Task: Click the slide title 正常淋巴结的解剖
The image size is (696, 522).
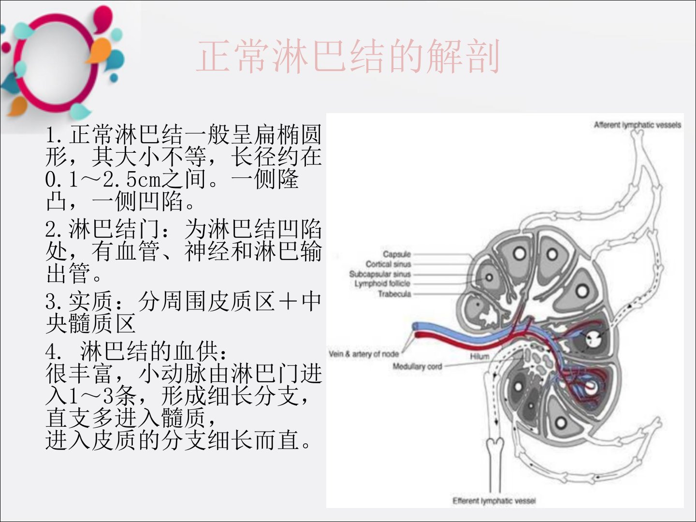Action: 348,57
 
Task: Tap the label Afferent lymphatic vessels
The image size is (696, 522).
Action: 637,125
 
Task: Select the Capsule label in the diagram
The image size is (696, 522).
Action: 397,254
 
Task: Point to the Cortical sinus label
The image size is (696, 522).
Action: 388,264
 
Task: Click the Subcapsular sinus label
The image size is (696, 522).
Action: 380,274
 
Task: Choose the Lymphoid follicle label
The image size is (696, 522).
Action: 382,284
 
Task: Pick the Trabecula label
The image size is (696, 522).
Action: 394,294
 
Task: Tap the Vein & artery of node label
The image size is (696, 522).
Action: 363,354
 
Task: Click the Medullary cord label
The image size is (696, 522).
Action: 417,366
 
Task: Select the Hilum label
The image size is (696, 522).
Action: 479,356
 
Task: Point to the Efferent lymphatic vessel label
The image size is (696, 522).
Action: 494,501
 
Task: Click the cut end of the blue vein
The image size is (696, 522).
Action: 416,326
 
